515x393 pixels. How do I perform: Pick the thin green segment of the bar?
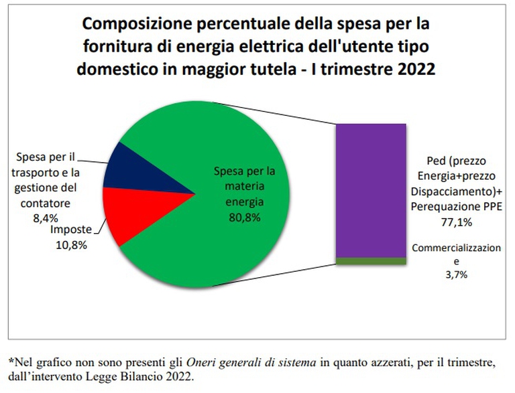pyautogui.click(x=371, y=261)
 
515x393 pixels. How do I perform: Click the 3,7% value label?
pyautogui.click(x=456, y=274)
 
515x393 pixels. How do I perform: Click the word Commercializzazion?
pyautogui.click(x=456, y=248)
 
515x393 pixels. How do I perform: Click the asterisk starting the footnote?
pyautogui.click(x=11, y=362)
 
